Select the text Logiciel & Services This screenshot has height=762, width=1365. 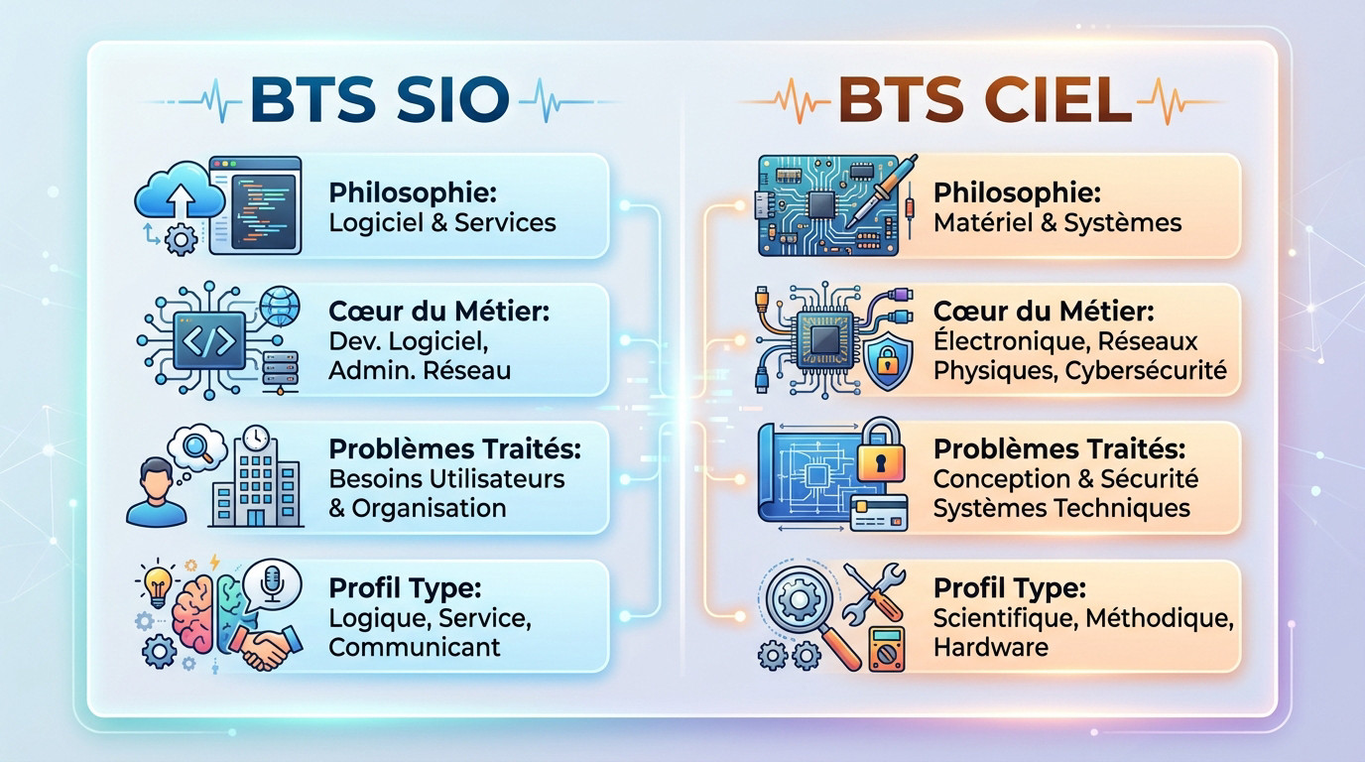tap(442, 221)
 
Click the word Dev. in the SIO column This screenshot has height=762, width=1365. tap(354, 341)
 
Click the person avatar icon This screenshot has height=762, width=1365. tap(156, 491)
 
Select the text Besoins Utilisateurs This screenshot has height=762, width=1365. tap(446, 478)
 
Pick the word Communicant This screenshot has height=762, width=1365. tap(415, 647)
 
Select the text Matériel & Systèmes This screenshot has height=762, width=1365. tap(1057, 221)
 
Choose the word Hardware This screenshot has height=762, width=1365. tap(990, 647)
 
